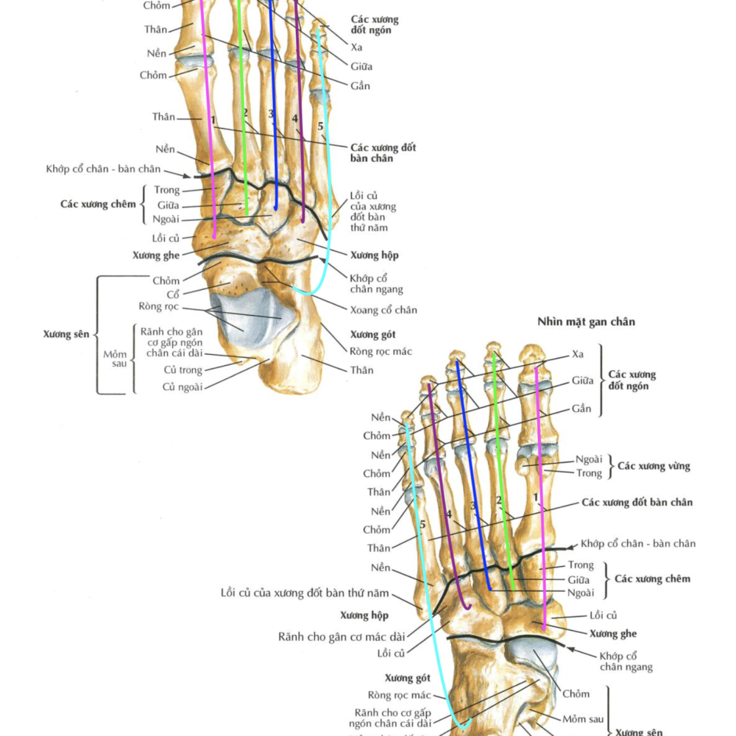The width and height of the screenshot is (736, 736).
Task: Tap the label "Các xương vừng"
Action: (654, 466)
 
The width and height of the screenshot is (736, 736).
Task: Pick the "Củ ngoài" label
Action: (183, 386)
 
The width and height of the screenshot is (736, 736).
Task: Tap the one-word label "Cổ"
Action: (172, 294)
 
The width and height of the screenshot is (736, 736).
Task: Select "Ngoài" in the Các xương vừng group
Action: (589, 459)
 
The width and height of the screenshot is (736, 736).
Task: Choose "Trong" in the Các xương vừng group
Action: (589, 473)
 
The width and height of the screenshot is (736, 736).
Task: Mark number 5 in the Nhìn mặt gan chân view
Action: (422, 524)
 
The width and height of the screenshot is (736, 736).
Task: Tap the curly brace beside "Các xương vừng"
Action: (609, 466)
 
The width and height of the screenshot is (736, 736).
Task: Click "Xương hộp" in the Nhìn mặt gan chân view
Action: (364, 615)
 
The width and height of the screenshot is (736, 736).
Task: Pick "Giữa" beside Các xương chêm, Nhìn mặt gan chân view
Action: (580, 579)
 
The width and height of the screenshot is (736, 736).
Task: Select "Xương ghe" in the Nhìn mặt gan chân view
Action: (613, 634)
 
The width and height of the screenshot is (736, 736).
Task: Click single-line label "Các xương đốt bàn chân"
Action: (637, 503)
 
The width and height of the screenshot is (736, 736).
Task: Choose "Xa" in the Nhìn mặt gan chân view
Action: (579, 354)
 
